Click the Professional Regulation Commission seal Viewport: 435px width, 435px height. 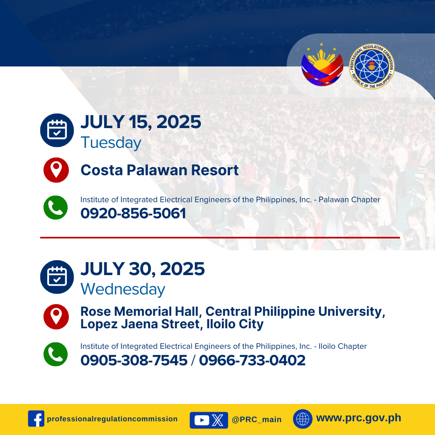[x=371, y=66]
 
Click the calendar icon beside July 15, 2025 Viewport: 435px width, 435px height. [x=57, y=130]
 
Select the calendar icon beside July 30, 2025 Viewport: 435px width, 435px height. [x=57, y=277]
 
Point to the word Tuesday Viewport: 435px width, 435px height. [x=111, y=143]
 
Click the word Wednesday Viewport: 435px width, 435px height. [x=123, y=289]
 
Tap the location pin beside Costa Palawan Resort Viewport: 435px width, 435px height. [x=56, y=170]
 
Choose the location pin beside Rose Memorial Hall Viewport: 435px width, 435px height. [x=56, y=317]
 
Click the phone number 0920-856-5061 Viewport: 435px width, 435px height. [x=133, y=213]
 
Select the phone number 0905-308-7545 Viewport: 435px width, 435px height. [x=134, y=360]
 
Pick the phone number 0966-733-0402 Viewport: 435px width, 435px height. [x=252, y=360]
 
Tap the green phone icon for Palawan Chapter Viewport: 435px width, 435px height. [x=56, y=207]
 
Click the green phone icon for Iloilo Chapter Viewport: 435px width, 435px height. [x=56, y=354]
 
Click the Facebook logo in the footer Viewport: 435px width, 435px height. [x=36, y=418]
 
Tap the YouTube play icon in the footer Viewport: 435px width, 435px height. [x=202, y=420]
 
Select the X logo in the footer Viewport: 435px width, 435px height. [x=217, y=420]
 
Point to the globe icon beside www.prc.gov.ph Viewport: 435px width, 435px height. [x=302, y=419]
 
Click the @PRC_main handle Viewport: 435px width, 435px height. [x=257, y=419]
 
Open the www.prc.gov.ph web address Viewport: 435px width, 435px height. [x=359, y=418]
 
